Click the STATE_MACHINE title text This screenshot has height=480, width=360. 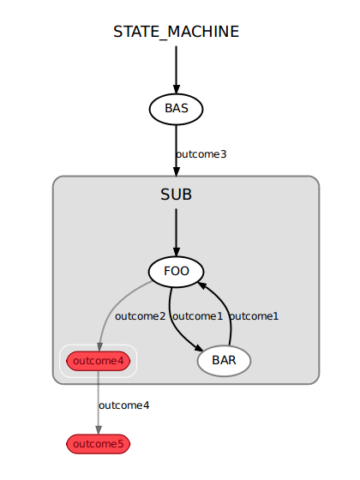(176, 33)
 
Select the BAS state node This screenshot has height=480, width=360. (176, 110)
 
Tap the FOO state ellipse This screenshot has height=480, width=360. (176, 272)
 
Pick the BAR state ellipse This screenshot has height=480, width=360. (224, 361)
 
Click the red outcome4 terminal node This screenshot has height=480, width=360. (99, 361)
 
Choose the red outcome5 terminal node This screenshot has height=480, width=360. (99, 444)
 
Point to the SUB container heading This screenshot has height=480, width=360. (176, 195)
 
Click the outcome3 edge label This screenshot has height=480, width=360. (201, 154)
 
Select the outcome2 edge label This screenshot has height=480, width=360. (141, 316)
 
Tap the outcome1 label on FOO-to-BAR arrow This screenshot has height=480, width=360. (198, 316)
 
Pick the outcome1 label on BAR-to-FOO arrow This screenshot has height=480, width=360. (254, 316)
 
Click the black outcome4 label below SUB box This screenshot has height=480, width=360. (124, 405)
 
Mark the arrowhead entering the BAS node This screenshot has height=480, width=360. (176, 89)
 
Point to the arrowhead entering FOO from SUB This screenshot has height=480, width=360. (176, 252)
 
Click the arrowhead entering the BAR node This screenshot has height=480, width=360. (198, 348)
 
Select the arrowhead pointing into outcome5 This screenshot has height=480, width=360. (99, 429)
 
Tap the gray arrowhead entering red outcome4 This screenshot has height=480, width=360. (99, 346)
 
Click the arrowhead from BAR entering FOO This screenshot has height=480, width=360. (202, 285)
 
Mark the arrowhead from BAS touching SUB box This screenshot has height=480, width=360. (176, 171)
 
